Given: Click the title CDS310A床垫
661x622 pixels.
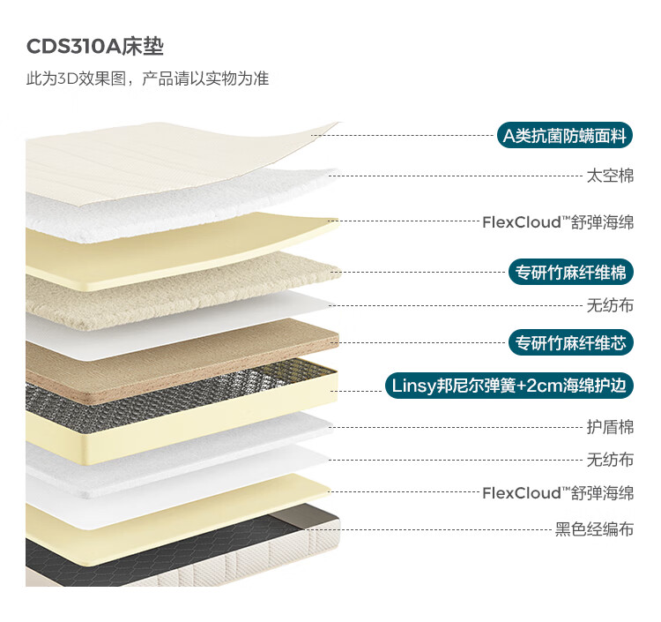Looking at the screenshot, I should (95, 47).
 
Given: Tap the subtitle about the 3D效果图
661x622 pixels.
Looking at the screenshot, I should (147, 79).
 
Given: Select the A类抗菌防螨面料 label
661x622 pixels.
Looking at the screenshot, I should (564, 136).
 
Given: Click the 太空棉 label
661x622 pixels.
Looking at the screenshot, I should (610, 175).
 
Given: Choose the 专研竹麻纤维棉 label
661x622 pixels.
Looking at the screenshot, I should (570, 273).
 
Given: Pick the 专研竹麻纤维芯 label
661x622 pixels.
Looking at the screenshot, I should (570, 342).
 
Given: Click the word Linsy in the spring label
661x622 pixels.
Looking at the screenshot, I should (412, 386).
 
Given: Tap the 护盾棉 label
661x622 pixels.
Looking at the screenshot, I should (610, 426).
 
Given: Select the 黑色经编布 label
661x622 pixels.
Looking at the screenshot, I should (594, 529).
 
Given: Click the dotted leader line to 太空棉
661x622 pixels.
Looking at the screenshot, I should (458, 175).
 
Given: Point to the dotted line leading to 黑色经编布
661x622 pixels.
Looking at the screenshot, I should (441, 529).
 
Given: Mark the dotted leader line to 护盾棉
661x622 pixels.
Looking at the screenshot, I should (458, 426).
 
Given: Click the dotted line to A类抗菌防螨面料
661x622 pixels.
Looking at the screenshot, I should (405, 136).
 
